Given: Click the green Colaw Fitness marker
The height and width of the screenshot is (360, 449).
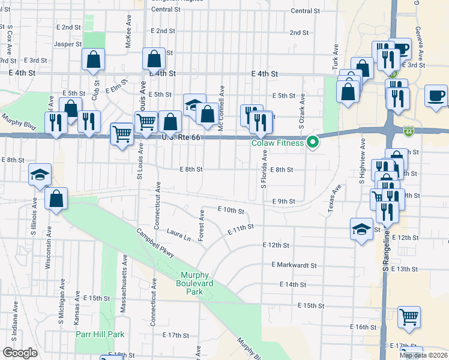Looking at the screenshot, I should [x=312, y=142].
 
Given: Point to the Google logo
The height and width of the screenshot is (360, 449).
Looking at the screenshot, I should [x=20, y=353].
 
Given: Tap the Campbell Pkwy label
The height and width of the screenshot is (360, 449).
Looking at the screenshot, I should [x=155, y=243].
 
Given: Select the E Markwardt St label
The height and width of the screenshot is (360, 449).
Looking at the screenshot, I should [x=294, y=265].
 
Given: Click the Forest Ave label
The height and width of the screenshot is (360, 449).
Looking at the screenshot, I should [x=202, y=223].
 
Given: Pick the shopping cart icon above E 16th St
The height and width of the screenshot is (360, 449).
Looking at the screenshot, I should [x=409, y=316].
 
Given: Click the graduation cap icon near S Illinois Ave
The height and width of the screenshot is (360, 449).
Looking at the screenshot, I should [x=40, y=175].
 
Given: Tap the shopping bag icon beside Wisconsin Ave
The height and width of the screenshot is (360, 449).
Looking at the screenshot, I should [x=56, y=199].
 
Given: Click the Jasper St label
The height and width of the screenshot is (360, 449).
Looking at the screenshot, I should [x=67, y=44].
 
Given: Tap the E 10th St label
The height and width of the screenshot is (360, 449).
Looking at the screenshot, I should [x=231, y=211].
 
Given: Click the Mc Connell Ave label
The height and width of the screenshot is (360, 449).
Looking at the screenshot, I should [x=221, y=100].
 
